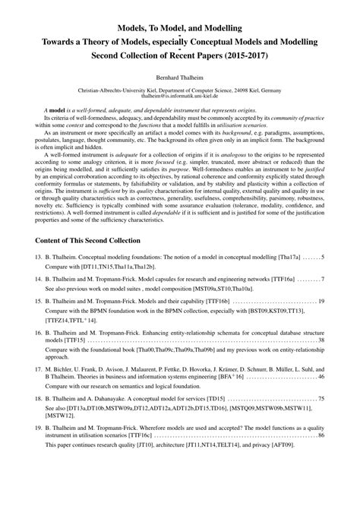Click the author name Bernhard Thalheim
pos(180,77)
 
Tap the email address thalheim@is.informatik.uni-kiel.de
pos(180,97)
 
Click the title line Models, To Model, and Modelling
pos(180,27)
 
